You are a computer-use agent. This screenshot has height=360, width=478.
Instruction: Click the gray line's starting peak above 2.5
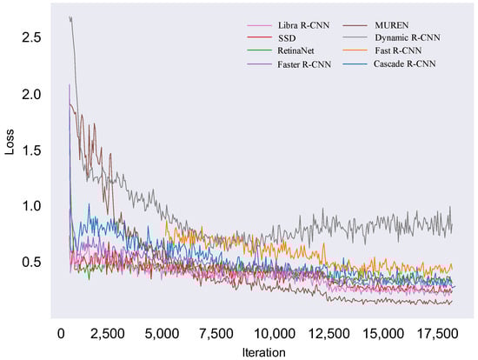coord(70,17)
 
